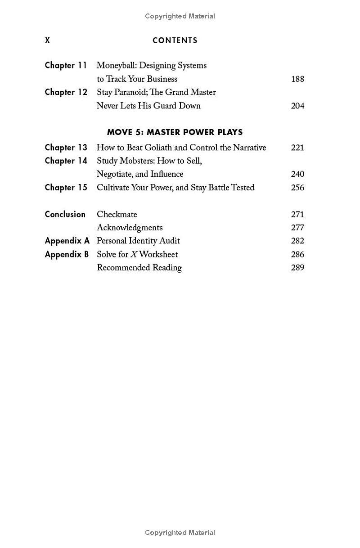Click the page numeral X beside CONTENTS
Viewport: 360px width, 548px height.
coord(47,40)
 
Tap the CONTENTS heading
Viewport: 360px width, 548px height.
coord(175,40)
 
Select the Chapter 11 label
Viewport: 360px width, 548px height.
coord(66,66)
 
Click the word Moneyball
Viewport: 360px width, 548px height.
coord(117,66)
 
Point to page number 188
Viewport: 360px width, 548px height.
coord(297,79)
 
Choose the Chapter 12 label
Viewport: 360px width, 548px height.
coord(66,92)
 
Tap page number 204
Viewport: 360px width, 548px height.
coord(297,106)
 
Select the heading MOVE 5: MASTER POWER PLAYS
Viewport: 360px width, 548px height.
coord(175,132)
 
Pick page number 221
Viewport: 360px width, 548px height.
coord(297,148)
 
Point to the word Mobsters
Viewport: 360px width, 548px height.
coord(136,161)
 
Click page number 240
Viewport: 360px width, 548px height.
coord(297,175)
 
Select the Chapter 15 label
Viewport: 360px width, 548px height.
coord(66,188)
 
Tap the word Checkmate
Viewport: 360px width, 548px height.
coord(117,215)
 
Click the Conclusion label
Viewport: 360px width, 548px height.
coord(65,215)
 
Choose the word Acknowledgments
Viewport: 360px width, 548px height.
coord(130,228)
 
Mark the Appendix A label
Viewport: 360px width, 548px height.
coord(67,241)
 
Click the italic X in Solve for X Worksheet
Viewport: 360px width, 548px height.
coord(134,255)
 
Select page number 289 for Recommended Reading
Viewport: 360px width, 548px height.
coord(297,268)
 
